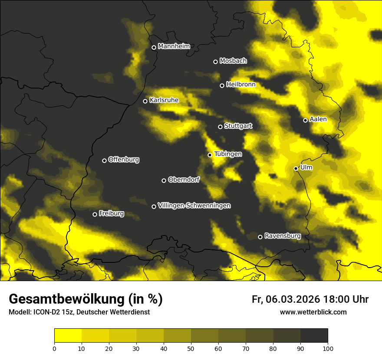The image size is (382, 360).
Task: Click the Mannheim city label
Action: point(174,46)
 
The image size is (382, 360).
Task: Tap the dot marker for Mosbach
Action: point(215,62)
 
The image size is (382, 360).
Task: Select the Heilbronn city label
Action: point(241,85)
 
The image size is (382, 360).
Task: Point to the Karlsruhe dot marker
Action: point(145,101)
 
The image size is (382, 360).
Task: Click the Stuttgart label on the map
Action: point(238,126)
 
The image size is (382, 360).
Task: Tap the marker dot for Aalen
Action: point(305,120)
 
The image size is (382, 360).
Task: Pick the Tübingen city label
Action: point(228,154)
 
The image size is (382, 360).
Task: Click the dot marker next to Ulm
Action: point(296,168)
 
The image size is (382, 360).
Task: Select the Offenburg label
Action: point(124,160)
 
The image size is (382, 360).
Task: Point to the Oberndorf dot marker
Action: point(164,180)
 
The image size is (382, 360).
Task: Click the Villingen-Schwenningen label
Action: point(194,206)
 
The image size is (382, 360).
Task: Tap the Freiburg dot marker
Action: point(95,214)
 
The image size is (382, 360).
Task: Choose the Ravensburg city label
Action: point(283,236)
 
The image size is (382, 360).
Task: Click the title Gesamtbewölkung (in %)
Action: point(86,299)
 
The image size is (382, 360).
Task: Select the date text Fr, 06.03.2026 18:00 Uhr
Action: point(310,299)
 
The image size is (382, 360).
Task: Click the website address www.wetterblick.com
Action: point(313,312)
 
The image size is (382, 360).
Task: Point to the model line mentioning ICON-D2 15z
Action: point(79,312)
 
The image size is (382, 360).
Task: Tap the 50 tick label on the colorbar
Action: point(191,348)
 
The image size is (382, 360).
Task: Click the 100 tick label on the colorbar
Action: point(327,348)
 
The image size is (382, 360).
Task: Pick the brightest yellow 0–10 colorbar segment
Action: point(68,335)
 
